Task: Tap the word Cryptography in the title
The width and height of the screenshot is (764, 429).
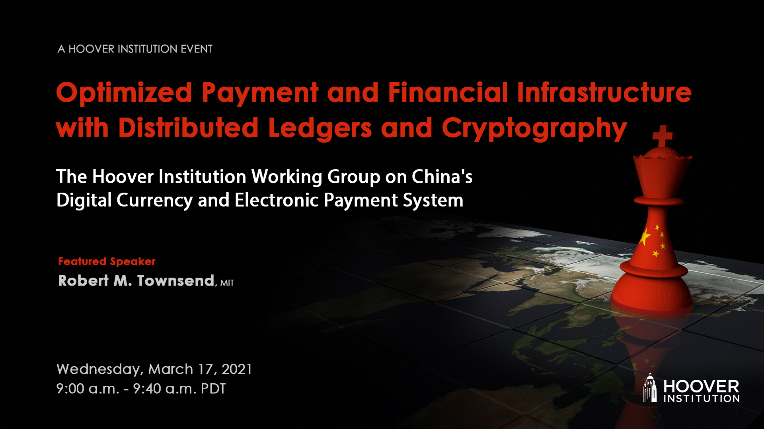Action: [534, 129]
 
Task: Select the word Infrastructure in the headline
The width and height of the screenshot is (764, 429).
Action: [604, 92]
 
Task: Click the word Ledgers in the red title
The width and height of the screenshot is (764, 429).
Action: [320, 129]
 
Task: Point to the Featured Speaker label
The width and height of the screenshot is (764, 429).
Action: [107, 261]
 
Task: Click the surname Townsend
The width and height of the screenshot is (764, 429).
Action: [176, 281]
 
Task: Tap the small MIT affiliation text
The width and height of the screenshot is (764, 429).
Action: [227, 283]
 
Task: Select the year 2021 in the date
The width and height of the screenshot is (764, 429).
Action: [237, 369]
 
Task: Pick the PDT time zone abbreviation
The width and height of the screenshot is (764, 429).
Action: [213, 388]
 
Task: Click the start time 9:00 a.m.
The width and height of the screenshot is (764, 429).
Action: [88, 388]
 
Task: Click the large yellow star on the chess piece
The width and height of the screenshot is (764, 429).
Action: [645, 237]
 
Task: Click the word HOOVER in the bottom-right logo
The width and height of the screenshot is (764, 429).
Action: [701, 386]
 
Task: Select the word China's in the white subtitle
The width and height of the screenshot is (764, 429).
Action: [442, 177]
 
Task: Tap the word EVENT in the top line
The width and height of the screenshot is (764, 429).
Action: [197, 49]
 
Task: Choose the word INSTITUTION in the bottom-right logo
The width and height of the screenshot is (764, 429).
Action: [702, 398]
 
